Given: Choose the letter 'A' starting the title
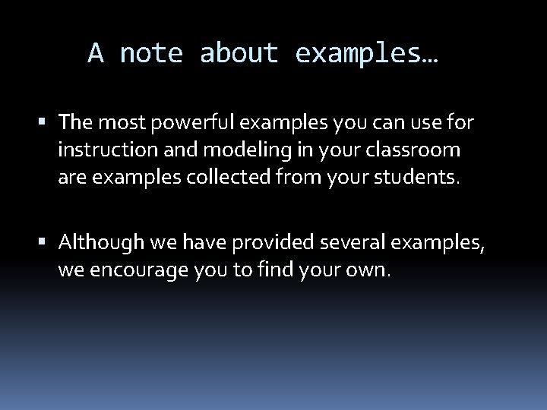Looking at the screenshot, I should coord(96,53).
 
